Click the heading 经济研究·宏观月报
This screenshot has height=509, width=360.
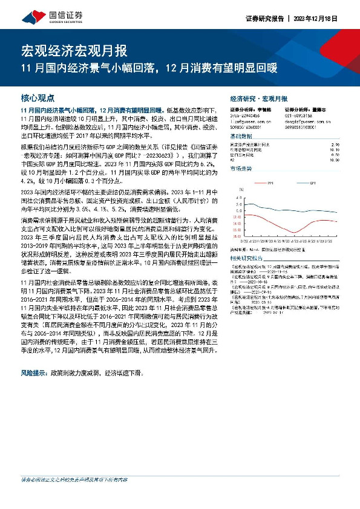click(259, 98)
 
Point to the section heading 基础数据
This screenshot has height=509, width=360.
click(243, 137)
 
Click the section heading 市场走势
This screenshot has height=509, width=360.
click(243, 169)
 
